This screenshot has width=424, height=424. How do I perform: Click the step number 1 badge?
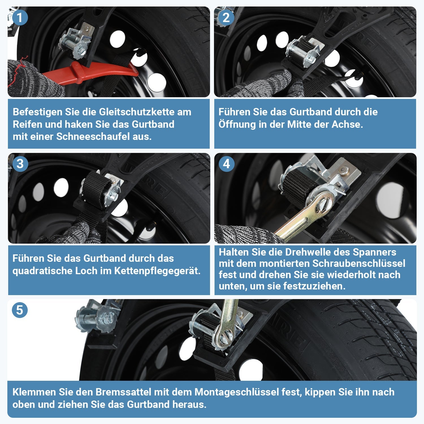tap(20, 18)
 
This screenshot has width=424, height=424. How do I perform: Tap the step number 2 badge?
tap(226, 18)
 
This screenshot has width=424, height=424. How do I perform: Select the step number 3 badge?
tap(20, 164)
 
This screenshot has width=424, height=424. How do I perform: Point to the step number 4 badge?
tap(226, 164)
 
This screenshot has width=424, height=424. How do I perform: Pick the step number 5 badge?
tap(20, 310)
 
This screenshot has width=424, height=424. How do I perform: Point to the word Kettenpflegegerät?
tap(157, 271)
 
